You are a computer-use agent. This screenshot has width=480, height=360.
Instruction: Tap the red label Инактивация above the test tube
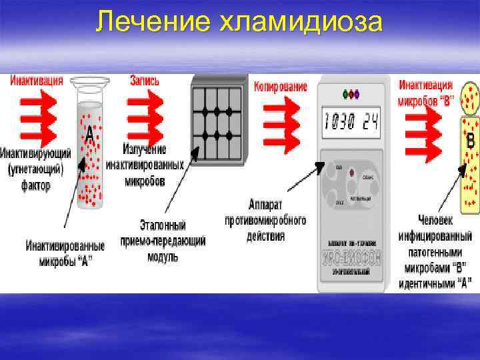pyautogui.click(x=37, y=81)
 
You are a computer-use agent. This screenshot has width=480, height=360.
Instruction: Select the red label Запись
pyautogui.click(x=145, y=81)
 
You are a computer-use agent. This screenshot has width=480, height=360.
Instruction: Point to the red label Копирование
pyautogui.click(x=281, y=87)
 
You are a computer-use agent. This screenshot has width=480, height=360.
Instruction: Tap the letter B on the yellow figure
pyautogui.click(x=471, y=141)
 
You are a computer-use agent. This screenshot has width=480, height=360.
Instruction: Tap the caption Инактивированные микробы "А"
pyautogui.click(x=59, y=253)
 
